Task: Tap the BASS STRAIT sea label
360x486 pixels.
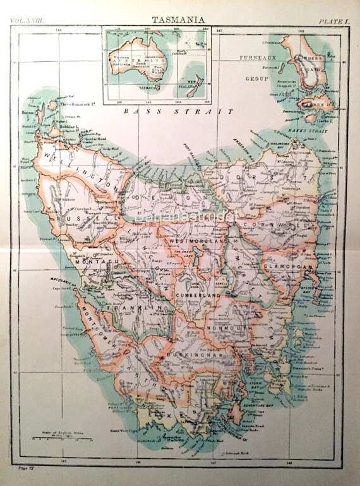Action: coord(178,111)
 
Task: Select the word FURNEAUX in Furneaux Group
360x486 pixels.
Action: coord(253,58)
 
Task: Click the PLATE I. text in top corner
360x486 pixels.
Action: coord(334,21)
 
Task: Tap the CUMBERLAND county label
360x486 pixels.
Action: coord(198,296)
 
